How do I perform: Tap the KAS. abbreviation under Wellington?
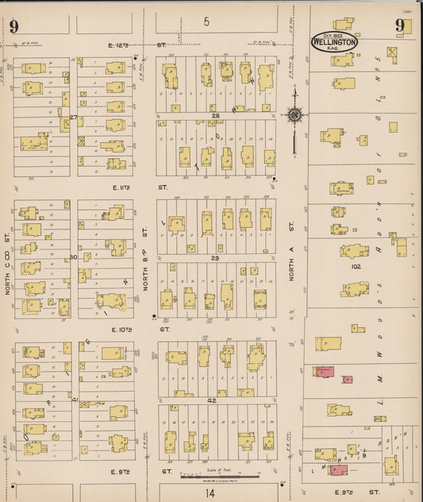coord(333,51)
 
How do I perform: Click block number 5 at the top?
coord(206,21)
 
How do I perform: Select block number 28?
coord(214,116)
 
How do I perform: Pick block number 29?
coord(214,259)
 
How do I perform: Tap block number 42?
coord(213,401)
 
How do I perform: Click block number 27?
coord(73,118)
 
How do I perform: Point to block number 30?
coord(73,257)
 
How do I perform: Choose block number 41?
coord(75,400)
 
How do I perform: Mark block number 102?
coord(355,268)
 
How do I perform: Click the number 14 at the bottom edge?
coord(210,492)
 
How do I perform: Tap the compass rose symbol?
coord(294,116)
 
